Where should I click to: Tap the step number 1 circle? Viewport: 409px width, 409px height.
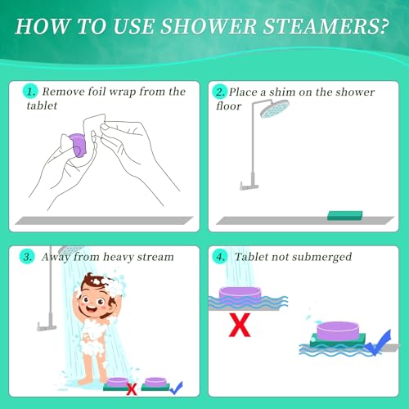30,92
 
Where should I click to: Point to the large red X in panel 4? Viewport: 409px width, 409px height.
240,326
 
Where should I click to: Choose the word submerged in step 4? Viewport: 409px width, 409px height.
321,257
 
